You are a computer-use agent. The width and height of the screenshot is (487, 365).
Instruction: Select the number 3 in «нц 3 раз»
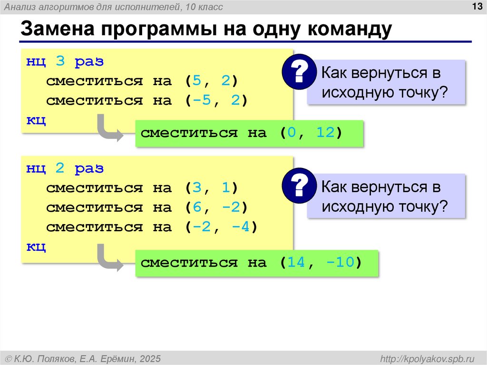[60, 61]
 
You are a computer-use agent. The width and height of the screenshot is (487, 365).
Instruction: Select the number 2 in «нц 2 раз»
[60, 168]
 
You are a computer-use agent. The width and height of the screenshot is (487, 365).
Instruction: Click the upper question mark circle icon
[299, 71]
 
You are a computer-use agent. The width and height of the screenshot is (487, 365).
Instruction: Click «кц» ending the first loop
[36, 120]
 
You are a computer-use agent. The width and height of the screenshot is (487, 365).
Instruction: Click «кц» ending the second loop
[36, 246]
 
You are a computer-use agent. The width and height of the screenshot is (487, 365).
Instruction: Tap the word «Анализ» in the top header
[19, 7]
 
